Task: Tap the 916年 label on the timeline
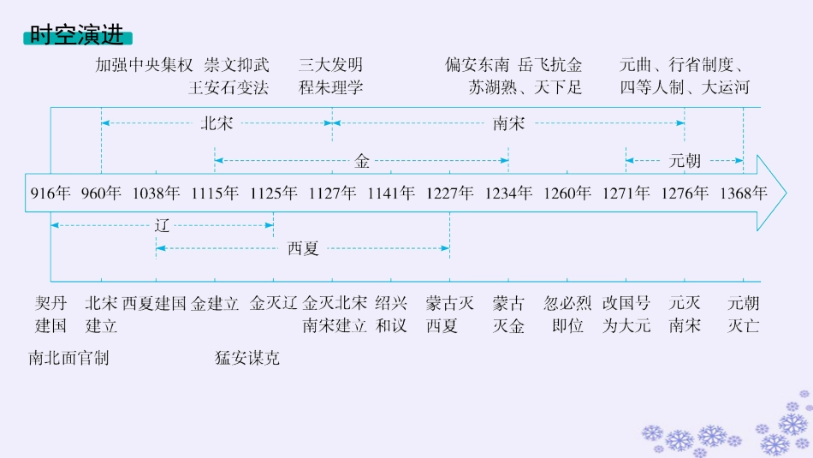pos(50,193)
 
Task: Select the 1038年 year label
pos(156,193)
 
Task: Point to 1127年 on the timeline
pos(332,193)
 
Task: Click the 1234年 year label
pos(508,193)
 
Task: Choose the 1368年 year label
pos(742,193)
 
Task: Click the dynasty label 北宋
pos(216,124)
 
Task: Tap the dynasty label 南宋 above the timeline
pos(508,124)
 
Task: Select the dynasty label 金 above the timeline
pos(362,159)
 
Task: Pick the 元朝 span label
pos(685,159)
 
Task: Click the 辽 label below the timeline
pos(163,226)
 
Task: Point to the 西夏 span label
pos(303,249)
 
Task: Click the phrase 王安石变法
pos(228,87)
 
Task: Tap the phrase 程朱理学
pos(331,87)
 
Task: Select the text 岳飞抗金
pos(550,65)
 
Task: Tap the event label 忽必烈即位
pos(567,314)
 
